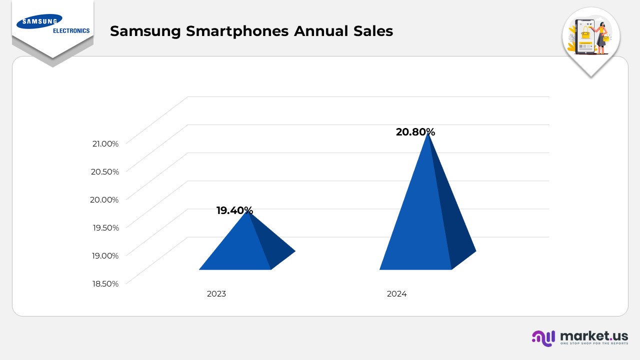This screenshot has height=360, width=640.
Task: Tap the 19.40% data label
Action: point(234,210)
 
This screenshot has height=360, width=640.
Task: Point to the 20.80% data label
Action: point(415,132)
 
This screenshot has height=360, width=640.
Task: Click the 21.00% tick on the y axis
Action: point(105,143)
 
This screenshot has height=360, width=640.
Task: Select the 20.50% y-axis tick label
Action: point(105,171)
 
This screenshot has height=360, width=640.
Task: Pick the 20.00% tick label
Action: point(105,199)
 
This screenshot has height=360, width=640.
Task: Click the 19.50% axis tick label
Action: point(105,227)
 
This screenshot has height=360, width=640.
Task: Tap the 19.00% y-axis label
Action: point(105,255)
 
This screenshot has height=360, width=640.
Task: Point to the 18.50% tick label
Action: point(105,283)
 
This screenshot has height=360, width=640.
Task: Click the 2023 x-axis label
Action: point(216,294)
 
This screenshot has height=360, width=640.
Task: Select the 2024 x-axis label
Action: point(397,294)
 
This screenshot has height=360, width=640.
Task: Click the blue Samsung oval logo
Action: point(39,21)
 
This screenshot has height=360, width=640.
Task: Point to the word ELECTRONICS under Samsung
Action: point(71,31)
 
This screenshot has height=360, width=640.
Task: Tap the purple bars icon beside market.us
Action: point(543,338)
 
